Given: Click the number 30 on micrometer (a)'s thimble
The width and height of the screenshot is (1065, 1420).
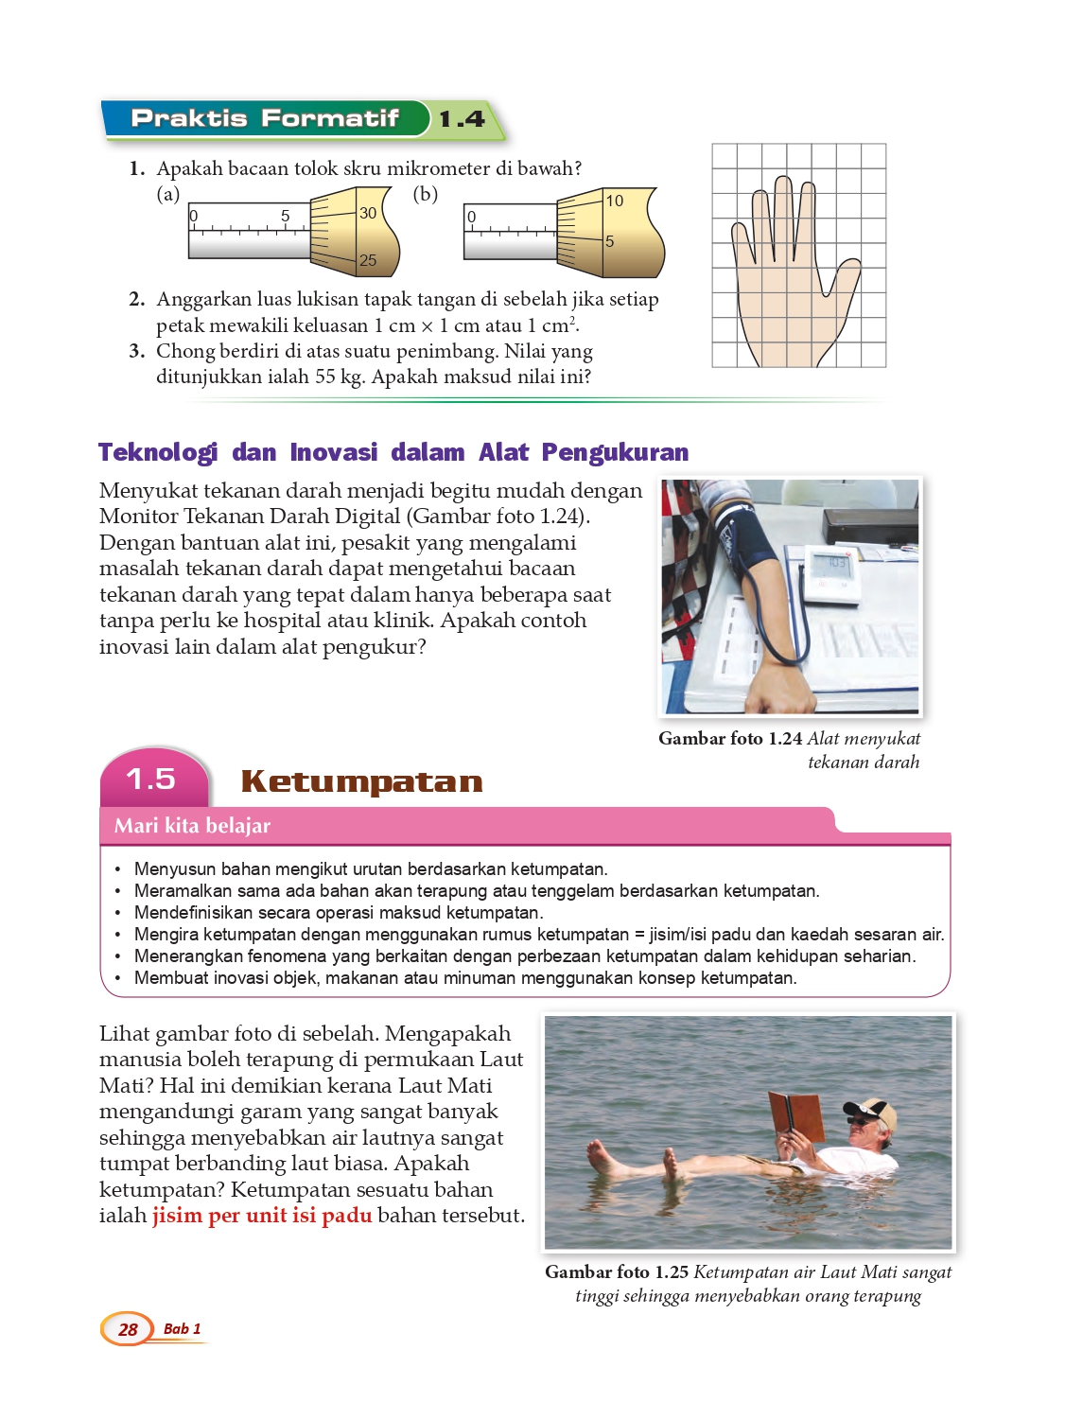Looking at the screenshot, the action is [368, 213].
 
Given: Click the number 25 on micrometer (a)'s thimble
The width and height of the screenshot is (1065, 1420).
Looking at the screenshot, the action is [368, 260].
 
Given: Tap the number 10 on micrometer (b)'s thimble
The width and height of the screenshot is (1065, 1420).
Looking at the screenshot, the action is [615, 201].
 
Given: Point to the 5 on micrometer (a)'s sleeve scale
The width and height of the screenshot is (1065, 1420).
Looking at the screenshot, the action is [285, 216].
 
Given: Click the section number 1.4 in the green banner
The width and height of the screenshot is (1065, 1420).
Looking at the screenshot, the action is [462, 119].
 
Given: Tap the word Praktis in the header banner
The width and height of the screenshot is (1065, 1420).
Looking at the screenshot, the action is [189, 118].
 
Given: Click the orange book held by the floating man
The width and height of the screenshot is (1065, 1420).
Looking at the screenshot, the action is [797, 1116].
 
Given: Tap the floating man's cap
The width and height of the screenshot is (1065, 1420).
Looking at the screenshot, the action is [874, 1110].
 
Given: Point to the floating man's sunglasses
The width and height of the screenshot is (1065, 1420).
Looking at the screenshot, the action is [860, 1120].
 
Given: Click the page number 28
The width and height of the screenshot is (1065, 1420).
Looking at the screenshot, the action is [128, 1329].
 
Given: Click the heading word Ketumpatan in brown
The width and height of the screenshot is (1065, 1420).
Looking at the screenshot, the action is [362, 781].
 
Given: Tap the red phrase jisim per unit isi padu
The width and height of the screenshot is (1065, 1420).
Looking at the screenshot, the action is [263, 1216].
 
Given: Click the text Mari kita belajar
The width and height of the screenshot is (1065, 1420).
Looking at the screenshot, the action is [192, 826].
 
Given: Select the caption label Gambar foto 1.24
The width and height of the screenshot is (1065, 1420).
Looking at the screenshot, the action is [730, 738].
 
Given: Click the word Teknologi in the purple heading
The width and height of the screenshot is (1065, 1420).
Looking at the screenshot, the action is [158, 452].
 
